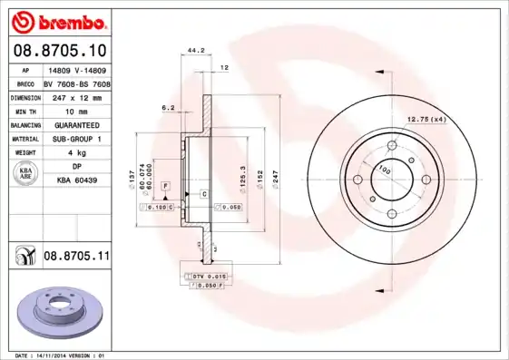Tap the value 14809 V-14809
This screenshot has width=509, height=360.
tap(76, 69)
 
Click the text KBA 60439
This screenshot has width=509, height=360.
tap(76, 180)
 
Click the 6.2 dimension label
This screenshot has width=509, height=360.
tap(168, 108)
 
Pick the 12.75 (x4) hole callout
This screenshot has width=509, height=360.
tap(426, 120)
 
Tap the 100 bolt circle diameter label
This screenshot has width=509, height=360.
tap(384, 170)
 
